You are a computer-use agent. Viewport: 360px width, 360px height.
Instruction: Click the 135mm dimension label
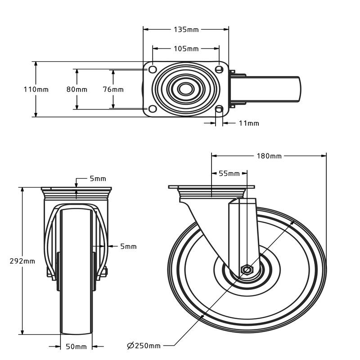(x=186, y=30)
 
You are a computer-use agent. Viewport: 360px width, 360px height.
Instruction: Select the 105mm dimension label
(x=186, y=49)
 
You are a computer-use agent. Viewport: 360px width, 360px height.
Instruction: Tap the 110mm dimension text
(x=36, y=89)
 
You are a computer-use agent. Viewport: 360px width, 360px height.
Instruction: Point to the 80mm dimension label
(x=77, y=89)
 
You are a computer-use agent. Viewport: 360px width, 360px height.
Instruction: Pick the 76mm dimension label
(x=113, y=89)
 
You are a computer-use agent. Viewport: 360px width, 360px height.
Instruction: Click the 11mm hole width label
(x=249, y=123)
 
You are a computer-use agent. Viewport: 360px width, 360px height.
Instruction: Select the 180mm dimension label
(x=269, y=156)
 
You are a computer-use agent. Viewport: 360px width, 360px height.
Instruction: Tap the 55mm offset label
(x=229, y=174)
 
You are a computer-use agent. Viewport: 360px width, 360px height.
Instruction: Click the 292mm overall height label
(x=22, y=261)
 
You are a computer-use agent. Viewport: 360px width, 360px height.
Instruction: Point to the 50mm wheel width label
(x=76, y=346)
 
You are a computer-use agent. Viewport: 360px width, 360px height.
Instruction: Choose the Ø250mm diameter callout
(x=144, y=346)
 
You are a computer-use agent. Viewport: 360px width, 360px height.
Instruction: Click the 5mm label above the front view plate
(x=98, y=179)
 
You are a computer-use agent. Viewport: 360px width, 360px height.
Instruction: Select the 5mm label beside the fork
(x=128, y=247)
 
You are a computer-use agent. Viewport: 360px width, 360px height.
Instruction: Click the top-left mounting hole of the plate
(x=153, y=69)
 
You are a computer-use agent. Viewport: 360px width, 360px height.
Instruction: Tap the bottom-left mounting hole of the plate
(x=153, y=109)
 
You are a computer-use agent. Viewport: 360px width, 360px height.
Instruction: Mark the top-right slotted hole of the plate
(x=219, y=69)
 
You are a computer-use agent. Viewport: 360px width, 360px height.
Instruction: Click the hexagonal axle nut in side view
(x=247, y=270)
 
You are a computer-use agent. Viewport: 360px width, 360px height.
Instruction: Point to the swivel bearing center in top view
(x=186, y=89)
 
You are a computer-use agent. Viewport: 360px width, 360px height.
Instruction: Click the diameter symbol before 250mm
(x=130, y=346)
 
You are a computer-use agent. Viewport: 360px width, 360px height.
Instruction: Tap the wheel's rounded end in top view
(x=298, y=89)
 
